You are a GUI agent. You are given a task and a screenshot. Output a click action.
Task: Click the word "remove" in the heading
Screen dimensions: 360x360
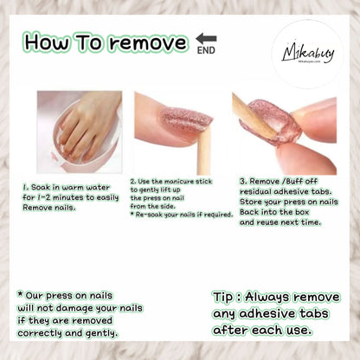(x=149, y=43)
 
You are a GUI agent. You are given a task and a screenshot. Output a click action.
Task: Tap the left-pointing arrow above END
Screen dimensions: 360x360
(x=206, y=38)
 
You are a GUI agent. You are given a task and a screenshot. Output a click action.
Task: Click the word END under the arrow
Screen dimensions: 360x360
(x=206, y=50)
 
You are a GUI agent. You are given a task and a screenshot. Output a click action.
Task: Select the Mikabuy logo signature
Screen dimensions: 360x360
(x=308, y=54)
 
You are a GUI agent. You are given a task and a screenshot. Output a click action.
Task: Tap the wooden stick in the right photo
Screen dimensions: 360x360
(x=254, y=116)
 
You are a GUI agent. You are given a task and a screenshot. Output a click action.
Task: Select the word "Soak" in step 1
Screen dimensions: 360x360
(x=42, y=188)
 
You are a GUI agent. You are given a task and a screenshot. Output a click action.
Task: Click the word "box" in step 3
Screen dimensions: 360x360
(x=302, y=212)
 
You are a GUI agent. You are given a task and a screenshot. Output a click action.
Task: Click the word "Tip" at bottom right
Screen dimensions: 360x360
(x=222, y=298)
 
